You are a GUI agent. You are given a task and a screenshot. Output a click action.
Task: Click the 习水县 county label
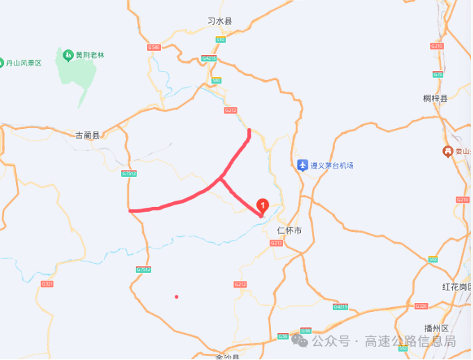click(219, 22)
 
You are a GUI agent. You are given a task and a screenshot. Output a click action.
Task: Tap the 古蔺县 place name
click(88, 135)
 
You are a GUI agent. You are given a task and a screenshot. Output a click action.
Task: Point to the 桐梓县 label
click(435, 98)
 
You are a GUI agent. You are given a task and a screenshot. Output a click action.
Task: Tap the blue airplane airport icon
click(302, 165)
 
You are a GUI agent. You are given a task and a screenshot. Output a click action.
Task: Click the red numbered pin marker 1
click(263, 205)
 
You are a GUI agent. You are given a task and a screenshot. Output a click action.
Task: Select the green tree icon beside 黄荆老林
click(68, 54)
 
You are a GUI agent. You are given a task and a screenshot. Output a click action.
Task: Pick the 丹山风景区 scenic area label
click(24, 63)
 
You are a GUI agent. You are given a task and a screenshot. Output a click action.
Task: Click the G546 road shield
click(154, 47)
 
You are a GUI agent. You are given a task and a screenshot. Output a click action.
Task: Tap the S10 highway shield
click(220, 40)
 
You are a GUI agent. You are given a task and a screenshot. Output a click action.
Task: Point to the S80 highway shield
click(216, 81)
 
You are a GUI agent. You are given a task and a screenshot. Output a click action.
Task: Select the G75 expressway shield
click(437, 75)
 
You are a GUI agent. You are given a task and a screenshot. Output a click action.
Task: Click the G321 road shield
click(47, 283)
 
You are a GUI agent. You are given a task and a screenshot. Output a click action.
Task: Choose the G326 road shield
click(420, 306)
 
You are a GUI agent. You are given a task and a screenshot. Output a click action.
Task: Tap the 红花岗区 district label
click(456, 287)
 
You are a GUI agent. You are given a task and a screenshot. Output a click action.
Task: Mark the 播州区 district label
click(437, 328)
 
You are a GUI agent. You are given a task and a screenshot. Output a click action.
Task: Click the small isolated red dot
click(176, 297)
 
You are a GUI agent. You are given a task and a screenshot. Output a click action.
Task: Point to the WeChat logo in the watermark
click(300, 341)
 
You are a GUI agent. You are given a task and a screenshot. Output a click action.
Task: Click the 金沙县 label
click(227, 357)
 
